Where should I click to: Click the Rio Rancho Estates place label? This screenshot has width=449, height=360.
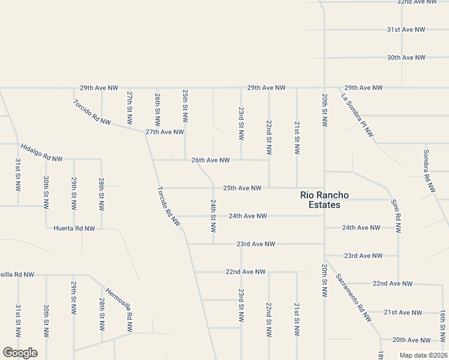coord(320,200)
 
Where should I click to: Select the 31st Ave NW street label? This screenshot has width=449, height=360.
coord(406,29)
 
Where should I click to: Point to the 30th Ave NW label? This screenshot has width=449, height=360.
coord(406,58)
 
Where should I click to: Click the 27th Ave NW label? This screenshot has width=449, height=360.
coord(164,132)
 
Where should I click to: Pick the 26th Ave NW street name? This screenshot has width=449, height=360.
coord(211,160)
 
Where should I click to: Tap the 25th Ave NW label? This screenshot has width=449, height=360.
coord(242,188)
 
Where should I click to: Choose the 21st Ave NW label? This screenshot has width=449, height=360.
coord(404,313)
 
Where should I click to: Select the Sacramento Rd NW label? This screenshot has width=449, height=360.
coord(354,298)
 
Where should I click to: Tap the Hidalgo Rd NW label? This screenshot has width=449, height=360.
coord(41,153)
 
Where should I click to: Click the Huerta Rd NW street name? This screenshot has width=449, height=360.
coord(74,228)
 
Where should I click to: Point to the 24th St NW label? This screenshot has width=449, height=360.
coord(212,216)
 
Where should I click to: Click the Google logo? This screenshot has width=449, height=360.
coord(20,353)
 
